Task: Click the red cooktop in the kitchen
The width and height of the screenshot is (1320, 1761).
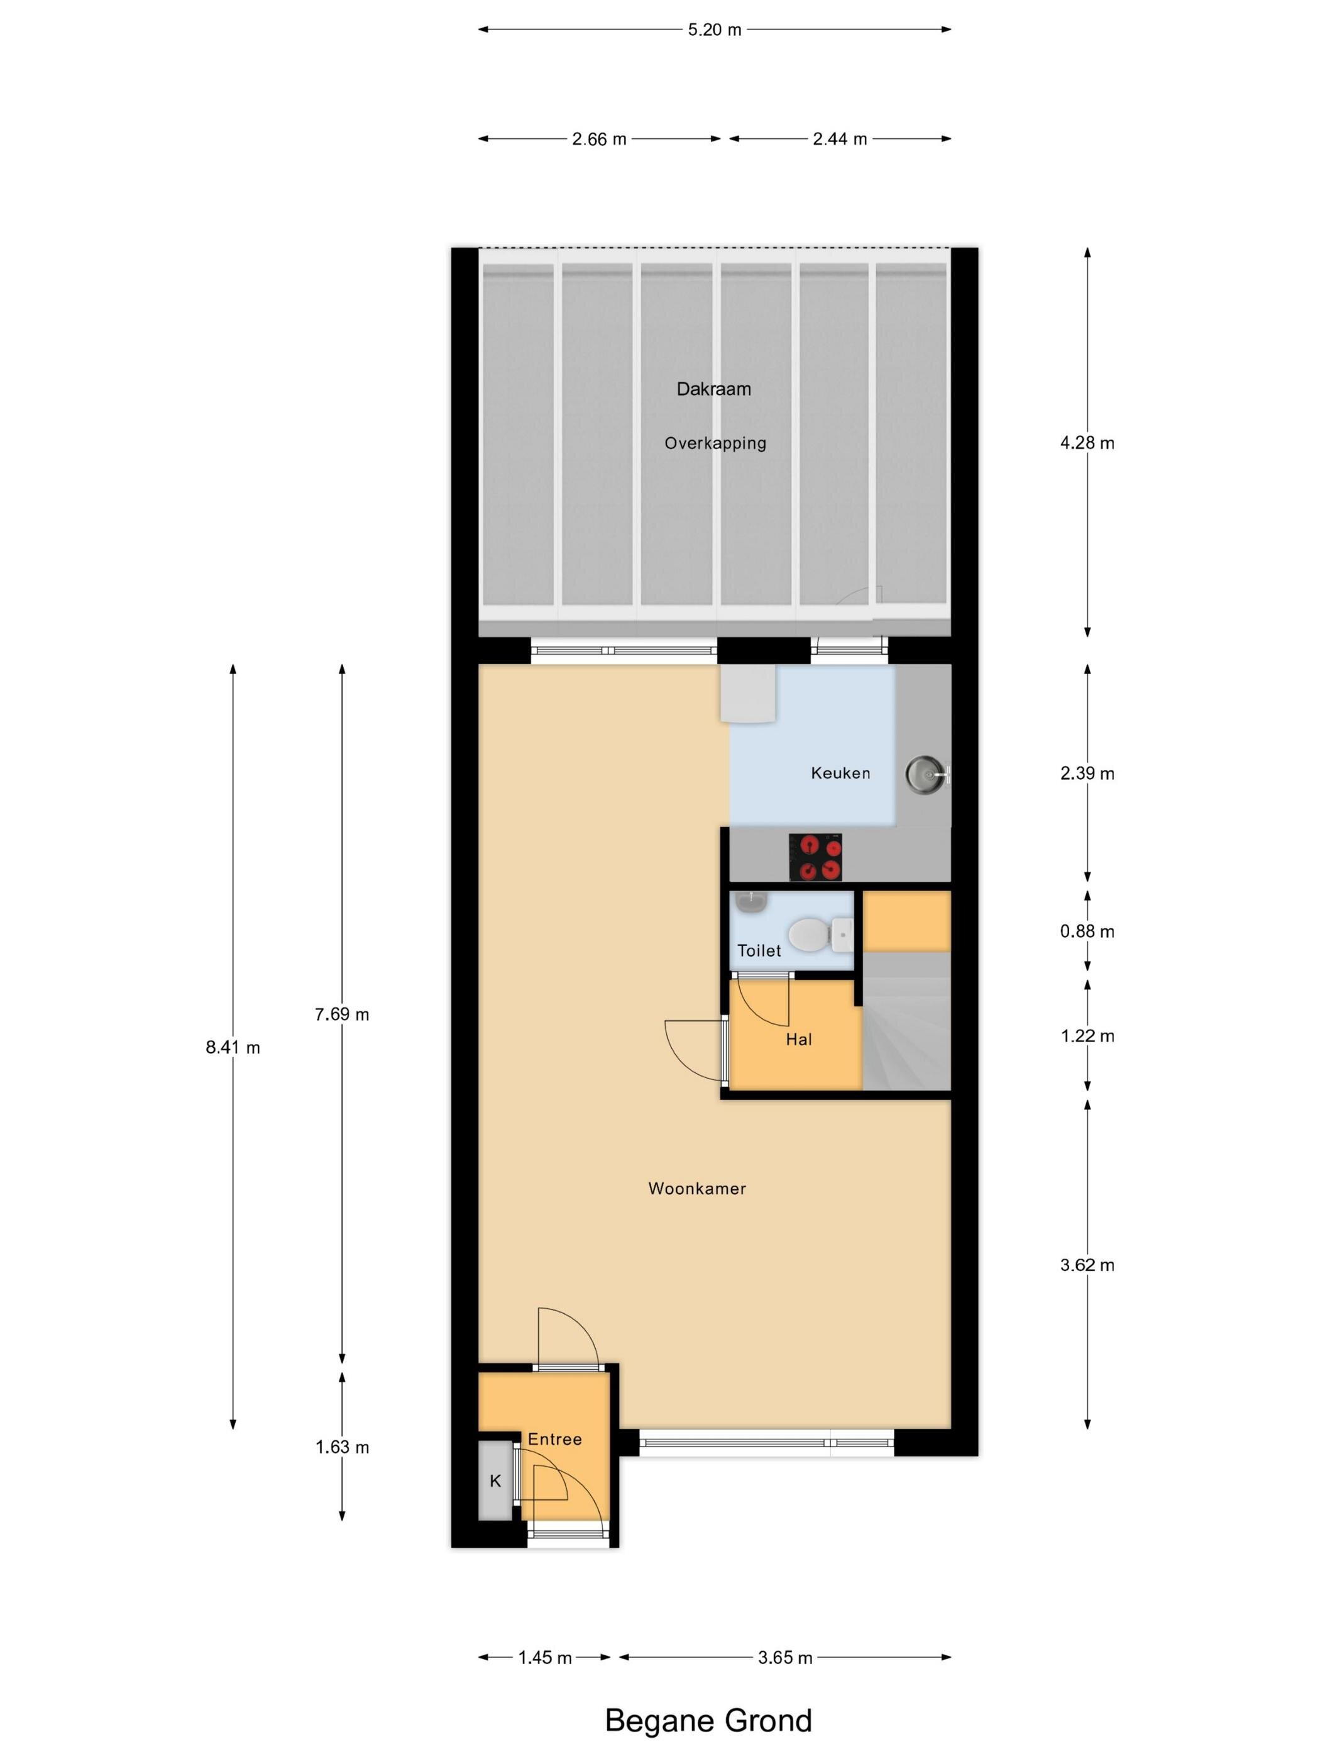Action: click(815, 857)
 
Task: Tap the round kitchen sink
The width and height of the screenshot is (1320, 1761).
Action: click(926, 773)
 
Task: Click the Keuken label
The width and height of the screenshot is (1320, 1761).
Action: click(840, 773)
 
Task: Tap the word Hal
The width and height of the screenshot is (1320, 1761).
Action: click(799, 1039)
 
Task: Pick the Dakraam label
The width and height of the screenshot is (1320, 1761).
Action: click(713, 389)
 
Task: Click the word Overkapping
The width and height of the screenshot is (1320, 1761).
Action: click(715, 443)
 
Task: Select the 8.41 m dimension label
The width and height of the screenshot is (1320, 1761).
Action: click(233, 1048)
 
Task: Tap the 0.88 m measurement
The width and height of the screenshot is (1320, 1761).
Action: click(1087, 931)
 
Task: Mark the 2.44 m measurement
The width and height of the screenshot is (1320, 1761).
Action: click(839, 140)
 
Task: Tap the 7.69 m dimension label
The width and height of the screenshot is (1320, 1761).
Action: click(342, 1014)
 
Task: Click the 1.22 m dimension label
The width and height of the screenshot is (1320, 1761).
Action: click(1087, 1036)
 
